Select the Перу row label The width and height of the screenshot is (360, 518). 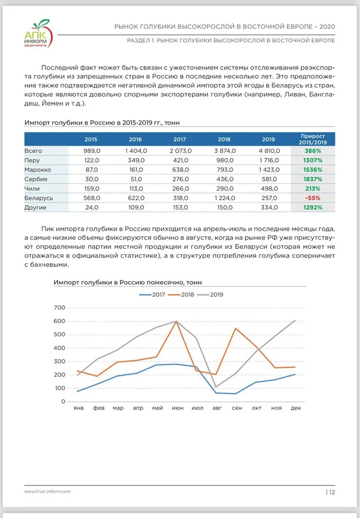click(x=32, y=161)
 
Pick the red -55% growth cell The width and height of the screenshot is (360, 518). click(x=312, y=198)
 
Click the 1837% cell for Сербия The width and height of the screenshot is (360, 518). click(x=312, y=179)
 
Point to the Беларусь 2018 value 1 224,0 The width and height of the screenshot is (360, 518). click(x=222, y=198)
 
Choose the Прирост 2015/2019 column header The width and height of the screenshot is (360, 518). click(x=313, y=140)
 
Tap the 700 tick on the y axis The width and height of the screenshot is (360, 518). click(x=59, y=308)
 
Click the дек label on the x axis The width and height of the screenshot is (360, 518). click(x=295, y=408)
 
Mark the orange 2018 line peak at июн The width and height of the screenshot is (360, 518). click(x=176, y=321)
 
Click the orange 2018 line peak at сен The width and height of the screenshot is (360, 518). click(x=235, y=329)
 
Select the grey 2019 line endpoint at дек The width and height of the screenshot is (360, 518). click(x=295, y=320)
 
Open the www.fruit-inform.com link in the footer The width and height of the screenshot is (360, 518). click(x=48, y=492)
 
